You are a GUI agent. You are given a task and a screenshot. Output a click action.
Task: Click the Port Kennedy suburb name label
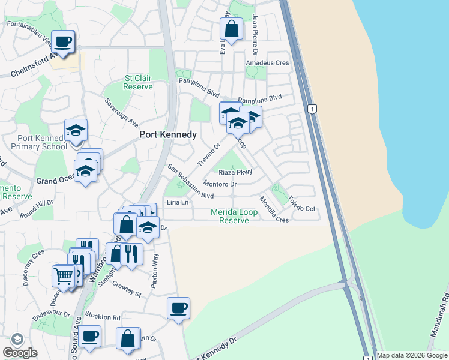coord(168,135)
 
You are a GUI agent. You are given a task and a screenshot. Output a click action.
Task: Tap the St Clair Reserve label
coord(137,82)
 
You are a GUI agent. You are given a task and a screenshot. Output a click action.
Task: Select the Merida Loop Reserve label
coord(234,216)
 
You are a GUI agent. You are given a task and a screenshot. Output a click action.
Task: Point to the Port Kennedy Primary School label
coord(38,142)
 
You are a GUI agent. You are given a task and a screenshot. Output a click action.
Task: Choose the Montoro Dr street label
coord(220,184)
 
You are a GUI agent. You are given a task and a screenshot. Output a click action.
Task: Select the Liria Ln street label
coord(178,202)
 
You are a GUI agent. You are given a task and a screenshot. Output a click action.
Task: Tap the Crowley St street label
coord(127,290)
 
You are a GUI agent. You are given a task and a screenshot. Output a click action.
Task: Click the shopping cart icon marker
coord(63,275)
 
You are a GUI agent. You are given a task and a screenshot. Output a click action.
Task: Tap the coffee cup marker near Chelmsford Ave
coord(63,41)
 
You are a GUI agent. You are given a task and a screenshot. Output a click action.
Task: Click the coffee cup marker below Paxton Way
coord(178,308)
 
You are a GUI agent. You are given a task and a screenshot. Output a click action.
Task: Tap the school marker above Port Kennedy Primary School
coord(76,130)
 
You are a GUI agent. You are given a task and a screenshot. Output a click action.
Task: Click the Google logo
coord(20,352)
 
